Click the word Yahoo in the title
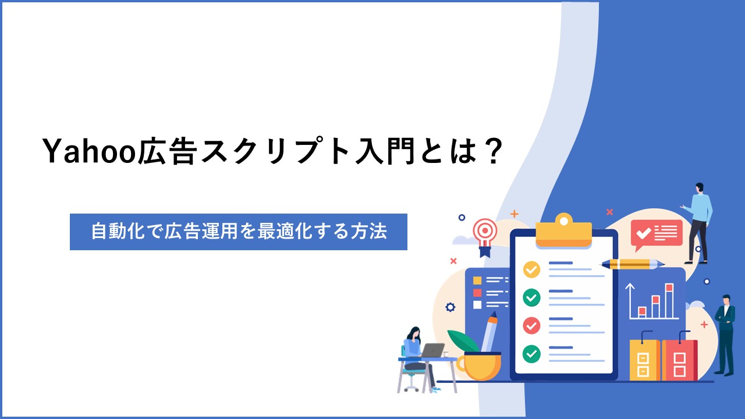click(90, 151)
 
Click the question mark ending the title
click(491, 151)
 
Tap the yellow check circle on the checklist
click(531, 269)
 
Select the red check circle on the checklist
click(531, 325)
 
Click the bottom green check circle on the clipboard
click(531, 354)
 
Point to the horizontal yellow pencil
click(633, 264)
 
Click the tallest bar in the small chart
click(669, 301)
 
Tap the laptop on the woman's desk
click(432, 350)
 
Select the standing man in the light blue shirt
click(698, 223)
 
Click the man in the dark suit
click(726, 335)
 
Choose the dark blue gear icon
click(450, 307)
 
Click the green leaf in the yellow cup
click(463, 341)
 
